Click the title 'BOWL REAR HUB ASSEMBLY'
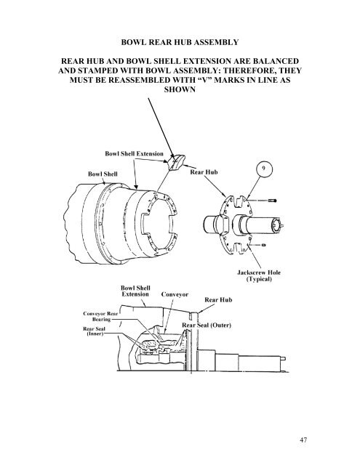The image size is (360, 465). coord(180,42)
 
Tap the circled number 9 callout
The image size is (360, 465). coord(264,169)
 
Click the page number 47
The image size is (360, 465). coord(303,440)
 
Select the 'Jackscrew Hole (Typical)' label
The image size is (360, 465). coord(259,275)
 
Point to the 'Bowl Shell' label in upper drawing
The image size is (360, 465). coord(103,174)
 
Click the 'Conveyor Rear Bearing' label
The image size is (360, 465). coord(100,316)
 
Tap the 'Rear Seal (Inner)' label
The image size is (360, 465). coord(94,331)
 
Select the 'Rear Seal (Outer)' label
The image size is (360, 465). coord(207,325)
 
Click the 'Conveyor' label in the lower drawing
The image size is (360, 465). coord(175,294)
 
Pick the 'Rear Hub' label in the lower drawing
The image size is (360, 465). coord(218,300)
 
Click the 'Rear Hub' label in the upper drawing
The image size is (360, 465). coord(204,172)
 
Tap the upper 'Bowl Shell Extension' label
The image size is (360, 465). coord(134,153)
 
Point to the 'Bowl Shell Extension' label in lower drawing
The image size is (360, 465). coord(135,291)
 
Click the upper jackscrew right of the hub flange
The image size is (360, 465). coord(272,201)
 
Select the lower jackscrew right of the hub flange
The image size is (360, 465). coord(263,245)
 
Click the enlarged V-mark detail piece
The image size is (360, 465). coord(177,162)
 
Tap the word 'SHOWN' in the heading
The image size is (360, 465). coord(180,89)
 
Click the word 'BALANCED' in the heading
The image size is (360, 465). coord(276,61)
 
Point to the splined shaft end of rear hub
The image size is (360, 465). coord(277,226)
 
